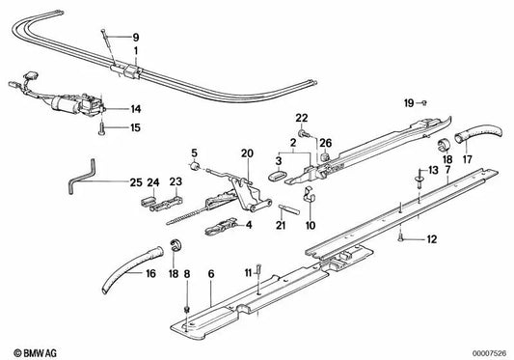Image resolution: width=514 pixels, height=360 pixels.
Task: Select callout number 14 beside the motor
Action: click(136, 109)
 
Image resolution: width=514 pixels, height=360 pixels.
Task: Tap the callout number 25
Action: click(135, 180)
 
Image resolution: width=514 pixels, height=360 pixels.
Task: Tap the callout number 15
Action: click(136, 127)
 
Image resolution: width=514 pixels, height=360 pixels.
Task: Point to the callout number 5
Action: click(193, 152)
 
